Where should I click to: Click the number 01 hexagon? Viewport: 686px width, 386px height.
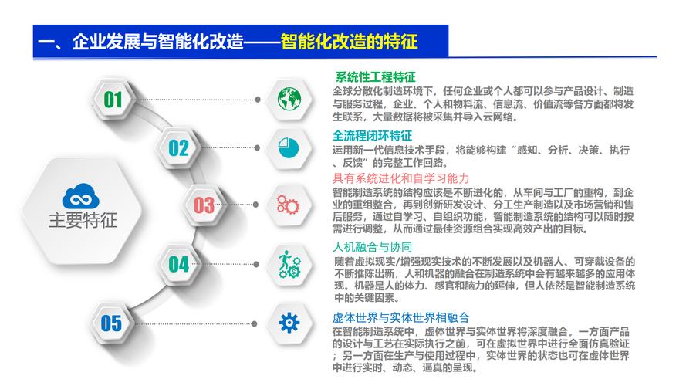[113, 99]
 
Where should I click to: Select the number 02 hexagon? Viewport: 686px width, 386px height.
[178, 147]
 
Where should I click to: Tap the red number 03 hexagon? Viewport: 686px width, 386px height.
[203, 205]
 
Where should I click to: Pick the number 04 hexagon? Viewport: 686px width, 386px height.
[178, 264]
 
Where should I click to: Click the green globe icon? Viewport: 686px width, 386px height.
[288, 99]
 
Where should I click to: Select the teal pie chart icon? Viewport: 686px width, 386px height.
[288, 147]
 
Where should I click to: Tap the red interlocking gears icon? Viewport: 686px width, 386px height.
[288, 205]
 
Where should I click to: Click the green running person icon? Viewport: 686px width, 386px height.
[288, 264]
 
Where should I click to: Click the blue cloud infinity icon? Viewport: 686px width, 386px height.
[81, 195]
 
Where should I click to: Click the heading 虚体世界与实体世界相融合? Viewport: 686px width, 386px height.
[400, 317]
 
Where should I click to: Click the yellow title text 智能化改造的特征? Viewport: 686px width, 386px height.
[354, 41]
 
